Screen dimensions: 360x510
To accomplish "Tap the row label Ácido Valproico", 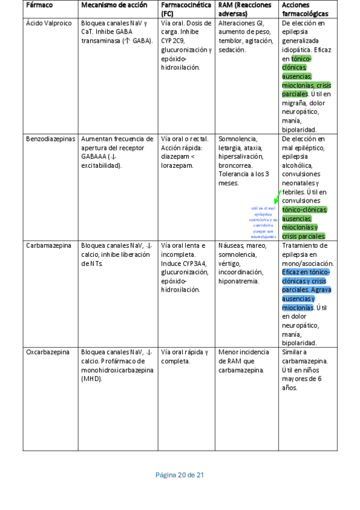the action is [48, 23].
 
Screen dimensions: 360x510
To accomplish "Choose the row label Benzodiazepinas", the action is [51, 138].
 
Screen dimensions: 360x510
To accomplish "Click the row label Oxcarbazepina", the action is [47, 352].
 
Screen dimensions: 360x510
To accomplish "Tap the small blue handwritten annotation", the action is [264, 220].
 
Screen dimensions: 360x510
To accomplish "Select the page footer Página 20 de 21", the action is [180, 475].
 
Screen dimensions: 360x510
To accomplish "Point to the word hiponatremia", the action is [239, 281].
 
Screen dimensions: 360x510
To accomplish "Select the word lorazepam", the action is [177, 165].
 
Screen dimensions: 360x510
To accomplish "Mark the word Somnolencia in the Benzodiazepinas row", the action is [238, 138].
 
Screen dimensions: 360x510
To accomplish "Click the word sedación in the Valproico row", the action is [232, 49].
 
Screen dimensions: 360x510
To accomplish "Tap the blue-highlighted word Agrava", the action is [321, 290].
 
